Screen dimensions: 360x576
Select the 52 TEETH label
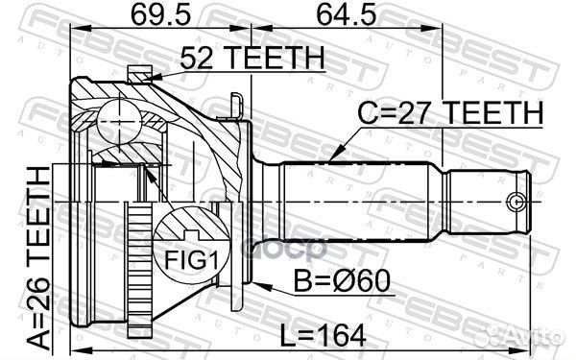click(237, 60)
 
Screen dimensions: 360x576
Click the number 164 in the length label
click(347, 336)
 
